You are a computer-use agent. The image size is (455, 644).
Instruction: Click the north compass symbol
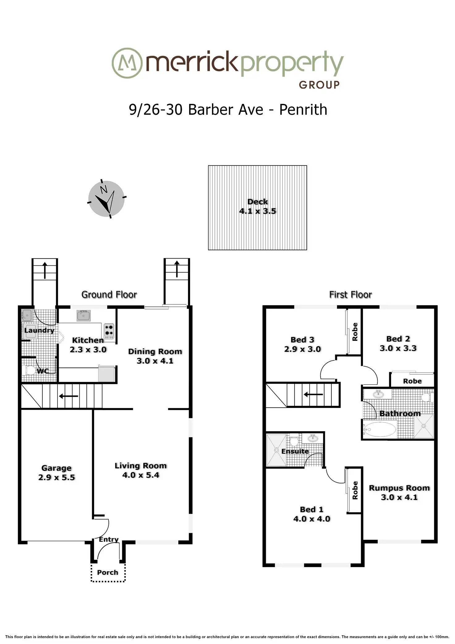[x=107, y=199]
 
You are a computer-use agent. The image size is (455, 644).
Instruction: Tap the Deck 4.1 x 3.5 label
[x=257, y=206]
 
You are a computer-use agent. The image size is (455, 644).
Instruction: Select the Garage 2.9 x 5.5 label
[x=57, y=473]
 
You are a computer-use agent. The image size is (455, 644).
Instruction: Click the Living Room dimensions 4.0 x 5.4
[x=141, y=475]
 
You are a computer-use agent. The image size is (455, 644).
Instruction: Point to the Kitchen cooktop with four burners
[x=109, y=329]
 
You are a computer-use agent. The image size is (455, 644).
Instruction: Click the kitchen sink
[x=83, y=316]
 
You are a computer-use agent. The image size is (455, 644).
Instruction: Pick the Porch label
[x=108, y=572]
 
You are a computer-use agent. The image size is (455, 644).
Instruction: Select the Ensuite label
[x=295, y=451]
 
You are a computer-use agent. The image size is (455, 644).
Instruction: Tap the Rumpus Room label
[x=399, y=488]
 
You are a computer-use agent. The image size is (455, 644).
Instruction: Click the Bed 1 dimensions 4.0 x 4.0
[x=312, y=519]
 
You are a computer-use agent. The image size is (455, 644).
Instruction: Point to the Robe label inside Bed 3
[x=355, y=332]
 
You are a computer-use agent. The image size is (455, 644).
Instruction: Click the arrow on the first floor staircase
[x=313, y=394]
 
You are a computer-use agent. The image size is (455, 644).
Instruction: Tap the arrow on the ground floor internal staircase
[x=68, y=396]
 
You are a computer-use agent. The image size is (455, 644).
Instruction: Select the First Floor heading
[x=350, y=295]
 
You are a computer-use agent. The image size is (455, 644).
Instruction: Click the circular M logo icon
[x=127, y=63]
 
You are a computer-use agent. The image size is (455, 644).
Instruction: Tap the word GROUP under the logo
[x=319, y=85]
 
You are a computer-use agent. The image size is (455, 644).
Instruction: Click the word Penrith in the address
[x=303, y=110]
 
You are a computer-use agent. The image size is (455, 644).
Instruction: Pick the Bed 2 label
[x=398, y=339]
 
